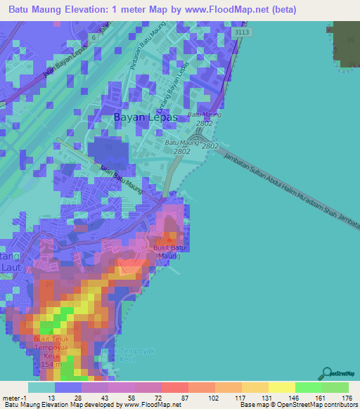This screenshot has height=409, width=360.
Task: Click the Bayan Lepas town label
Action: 146,118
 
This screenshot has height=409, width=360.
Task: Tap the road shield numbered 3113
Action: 242,32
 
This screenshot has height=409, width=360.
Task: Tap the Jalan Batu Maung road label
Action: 121,179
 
